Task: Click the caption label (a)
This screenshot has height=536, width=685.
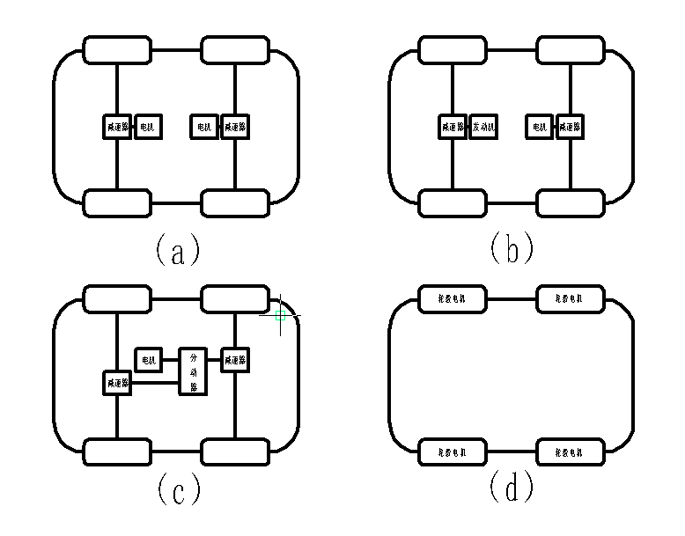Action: pos(177,250)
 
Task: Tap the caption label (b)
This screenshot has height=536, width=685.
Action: pos(512,250)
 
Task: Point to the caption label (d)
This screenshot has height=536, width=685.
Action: pos(512,489)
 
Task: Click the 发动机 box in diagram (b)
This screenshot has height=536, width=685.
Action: pos(484,127)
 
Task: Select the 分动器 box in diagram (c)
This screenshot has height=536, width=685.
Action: pos(194,371)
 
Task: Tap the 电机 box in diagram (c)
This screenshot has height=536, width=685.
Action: pos(148,359)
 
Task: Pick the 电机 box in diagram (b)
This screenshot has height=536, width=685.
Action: pos(539,127)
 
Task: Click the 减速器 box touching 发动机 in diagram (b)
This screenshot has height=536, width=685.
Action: pos(453,127)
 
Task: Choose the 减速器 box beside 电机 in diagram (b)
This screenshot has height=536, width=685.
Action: pos(571,127)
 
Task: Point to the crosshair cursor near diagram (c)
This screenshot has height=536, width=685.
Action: pos(281,314)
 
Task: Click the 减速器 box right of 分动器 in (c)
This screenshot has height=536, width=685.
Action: pos(235,359)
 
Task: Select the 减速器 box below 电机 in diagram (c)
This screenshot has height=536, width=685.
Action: pos(117,383)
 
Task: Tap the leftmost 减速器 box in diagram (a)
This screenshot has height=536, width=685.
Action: pos(117,127)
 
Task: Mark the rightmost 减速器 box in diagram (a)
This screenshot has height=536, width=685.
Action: pos(235,127)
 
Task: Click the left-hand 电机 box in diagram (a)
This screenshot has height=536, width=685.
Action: pos(147,127)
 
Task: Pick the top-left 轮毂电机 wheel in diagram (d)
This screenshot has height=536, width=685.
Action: pos(452,299)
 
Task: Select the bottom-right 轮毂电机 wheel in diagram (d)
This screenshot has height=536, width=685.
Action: pos(571,452)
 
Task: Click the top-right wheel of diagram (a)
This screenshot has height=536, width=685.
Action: pos(235,50)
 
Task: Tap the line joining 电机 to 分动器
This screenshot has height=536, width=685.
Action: pos(171,359)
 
